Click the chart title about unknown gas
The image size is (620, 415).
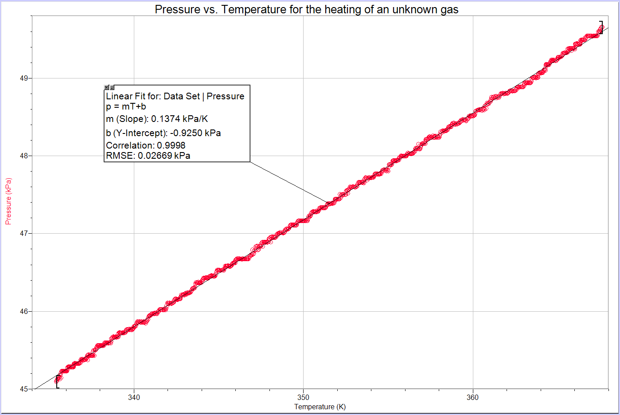tap(306, 9)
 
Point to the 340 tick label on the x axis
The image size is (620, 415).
tap(134, 397)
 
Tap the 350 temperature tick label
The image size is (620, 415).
tap(303, 397)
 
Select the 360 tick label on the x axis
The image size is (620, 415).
tap(472, 397)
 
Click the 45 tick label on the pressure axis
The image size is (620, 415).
tap(24, 389)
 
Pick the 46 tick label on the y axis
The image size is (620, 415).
tap(24, 311)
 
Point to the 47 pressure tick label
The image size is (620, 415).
tap(24, 233)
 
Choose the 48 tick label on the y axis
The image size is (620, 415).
tap(24, 156)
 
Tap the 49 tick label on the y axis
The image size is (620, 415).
tap(24, 78)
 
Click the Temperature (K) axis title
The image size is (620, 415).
tap(320, 407)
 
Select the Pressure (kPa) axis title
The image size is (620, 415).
tap(8, 201)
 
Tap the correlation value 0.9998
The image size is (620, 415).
tap(171, 145)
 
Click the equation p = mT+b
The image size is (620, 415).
tap(126, 106)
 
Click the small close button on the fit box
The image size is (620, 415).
tap(107, 87)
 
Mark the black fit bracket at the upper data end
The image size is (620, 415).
tap(601, 27)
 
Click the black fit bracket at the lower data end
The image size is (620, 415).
tap(57, 382)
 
